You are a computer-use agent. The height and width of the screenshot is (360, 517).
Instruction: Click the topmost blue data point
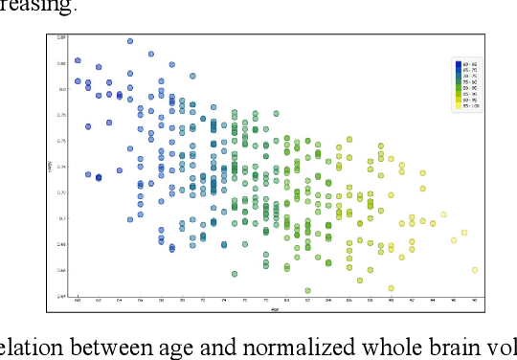[x=130, y=41]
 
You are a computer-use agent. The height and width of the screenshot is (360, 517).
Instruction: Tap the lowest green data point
[x=307, y=290]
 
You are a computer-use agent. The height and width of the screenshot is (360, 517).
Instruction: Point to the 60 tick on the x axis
[x=78, y=301]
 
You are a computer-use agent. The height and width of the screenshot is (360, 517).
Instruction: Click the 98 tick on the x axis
[x=474, y=301]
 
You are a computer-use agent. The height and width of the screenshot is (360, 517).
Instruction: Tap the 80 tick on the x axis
[x=286, y=301]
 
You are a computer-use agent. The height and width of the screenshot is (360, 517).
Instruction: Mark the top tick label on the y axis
[x=61, y=37]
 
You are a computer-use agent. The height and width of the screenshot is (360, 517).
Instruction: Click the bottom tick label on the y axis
[x=61, y=296]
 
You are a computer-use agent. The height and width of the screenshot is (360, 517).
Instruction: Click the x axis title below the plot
[x=276, y=307]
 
